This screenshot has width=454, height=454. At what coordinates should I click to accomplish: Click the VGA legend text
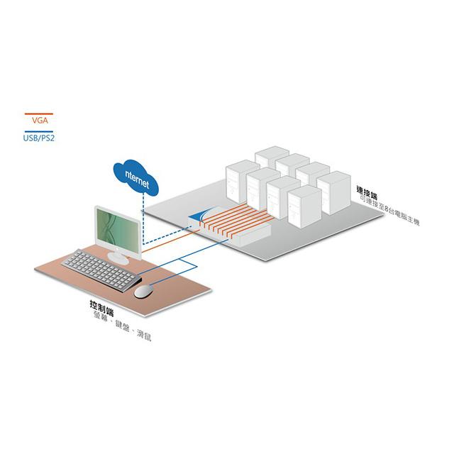40,121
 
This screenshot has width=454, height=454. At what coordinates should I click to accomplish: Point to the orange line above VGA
40,113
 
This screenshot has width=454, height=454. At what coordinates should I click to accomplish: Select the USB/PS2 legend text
40,138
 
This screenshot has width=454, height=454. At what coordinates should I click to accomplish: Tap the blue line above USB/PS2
40,131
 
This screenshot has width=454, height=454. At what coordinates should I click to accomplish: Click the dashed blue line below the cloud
142,216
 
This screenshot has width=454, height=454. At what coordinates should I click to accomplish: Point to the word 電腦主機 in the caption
407,216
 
